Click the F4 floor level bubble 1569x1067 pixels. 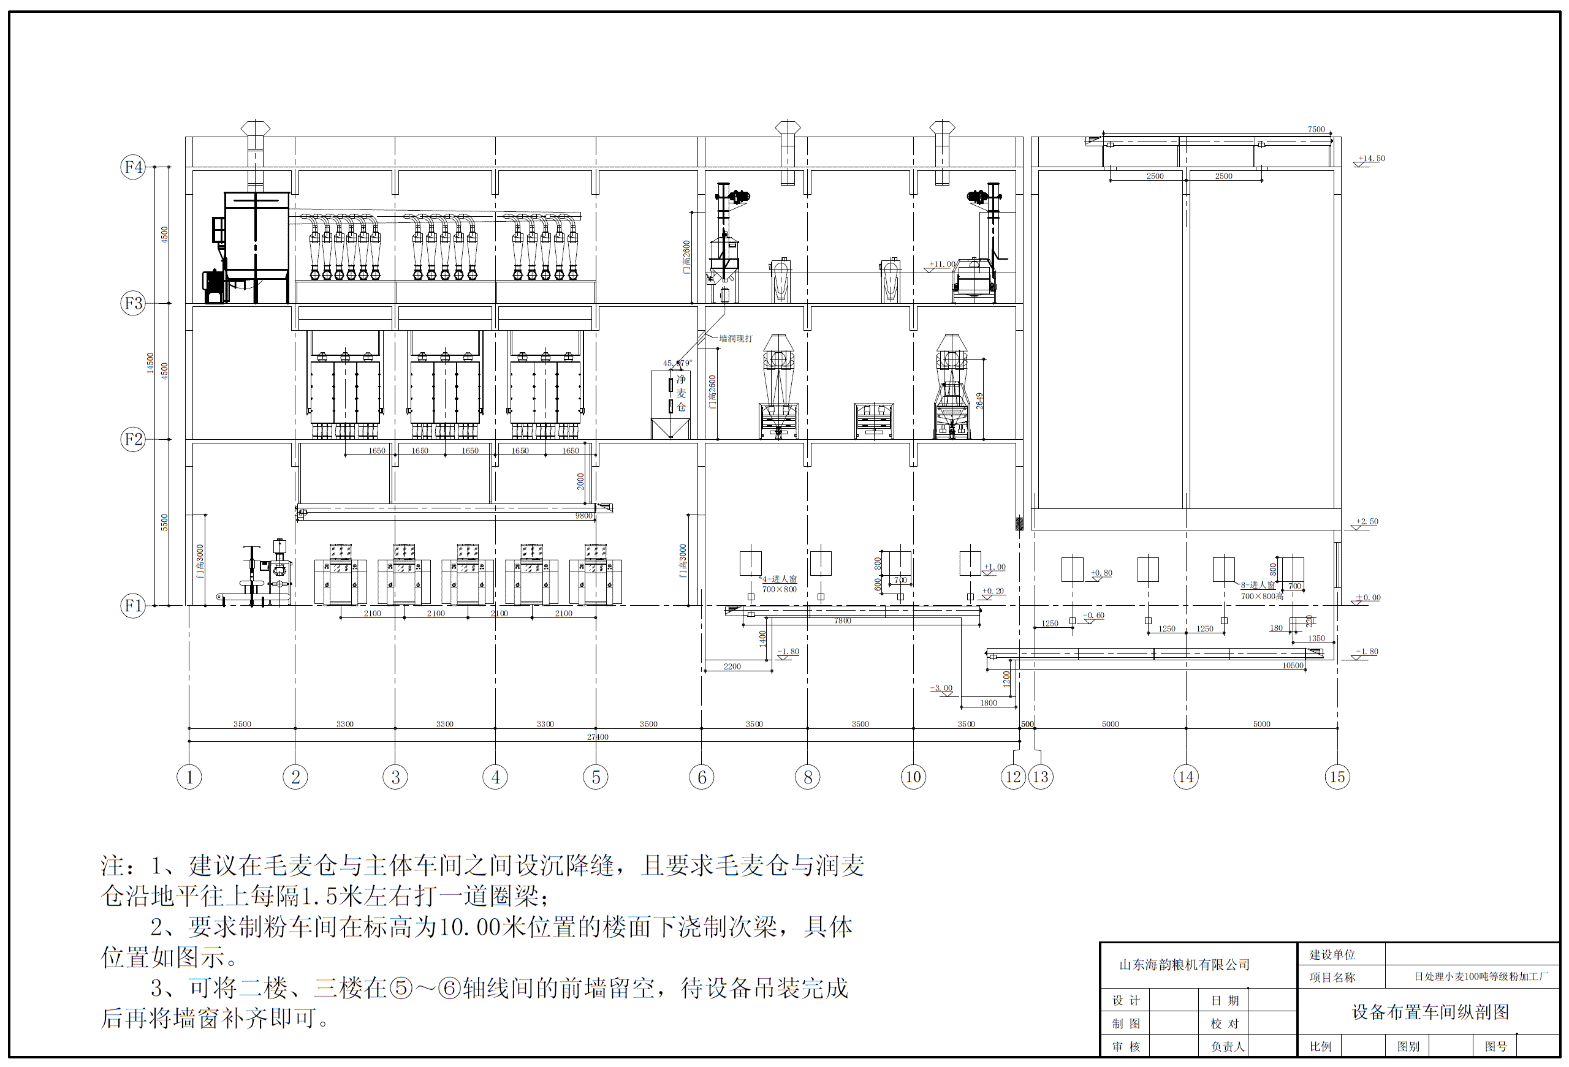pos(133,167)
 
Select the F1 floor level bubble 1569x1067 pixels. pos(133,605)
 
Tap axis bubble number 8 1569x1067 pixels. pos(807,777)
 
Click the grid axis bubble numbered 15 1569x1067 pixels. pos(1337,777)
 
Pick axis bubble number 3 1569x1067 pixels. pos(396,777)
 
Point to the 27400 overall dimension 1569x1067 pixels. pos(598,736)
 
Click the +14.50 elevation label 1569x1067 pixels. pos(1371,159)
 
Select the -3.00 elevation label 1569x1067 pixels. pos(941,688)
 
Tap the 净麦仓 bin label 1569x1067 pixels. pos(680,393)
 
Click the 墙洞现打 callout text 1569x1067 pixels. pos(735,339)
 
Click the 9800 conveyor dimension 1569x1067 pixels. pos(583,516)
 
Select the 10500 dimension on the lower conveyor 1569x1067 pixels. pos(1292,665)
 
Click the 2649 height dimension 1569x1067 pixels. pos(979,401)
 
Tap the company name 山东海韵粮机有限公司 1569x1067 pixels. pos(1184,965)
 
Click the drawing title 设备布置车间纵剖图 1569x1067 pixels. pos(1430,1012)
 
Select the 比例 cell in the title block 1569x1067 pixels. pos(1321,1047)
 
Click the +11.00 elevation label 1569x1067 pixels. pos(942,265)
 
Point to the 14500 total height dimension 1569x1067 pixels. pos(151,363)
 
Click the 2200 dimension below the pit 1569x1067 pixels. pos(732,666)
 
